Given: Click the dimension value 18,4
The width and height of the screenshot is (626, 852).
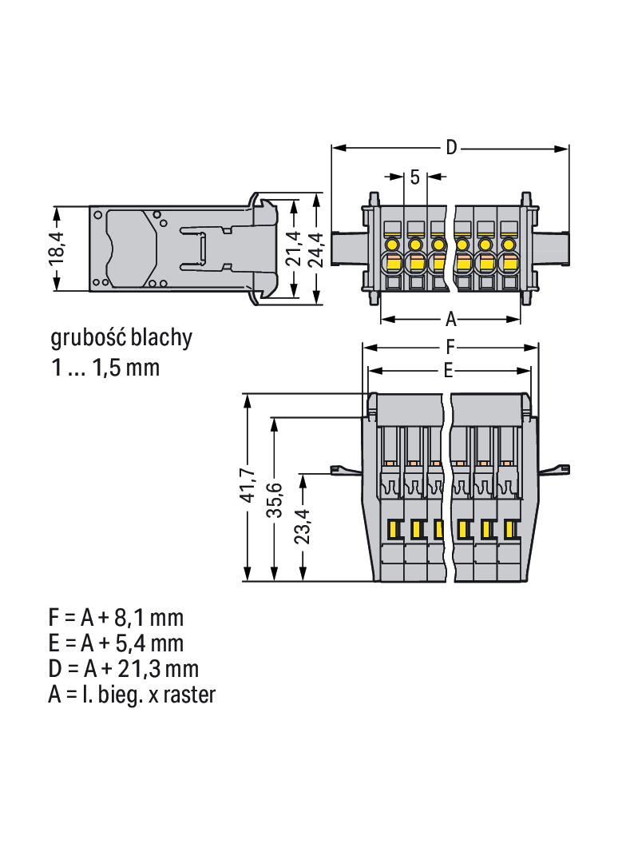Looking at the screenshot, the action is point(57,248).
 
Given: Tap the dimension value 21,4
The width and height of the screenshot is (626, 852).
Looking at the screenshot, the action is point(294,249).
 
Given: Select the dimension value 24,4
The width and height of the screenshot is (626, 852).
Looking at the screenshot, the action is point(315,250).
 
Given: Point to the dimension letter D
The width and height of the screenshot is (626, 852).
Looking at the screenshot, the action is point(451,147).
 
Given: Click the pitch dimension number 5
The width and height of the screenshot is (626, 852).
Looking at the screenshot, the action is point(415,177).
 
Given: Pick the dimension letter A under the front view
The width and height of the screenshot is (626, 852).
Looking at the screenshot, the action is point(451,320).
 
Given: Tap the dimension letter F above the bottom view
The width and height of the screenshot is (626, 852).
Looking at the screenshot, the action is point(450,347).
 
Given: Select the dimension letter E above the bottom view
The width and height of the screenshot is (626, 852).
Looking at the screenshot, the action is point(448,371).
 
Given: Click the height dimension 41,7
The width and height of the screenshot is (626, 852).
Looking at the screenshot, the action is point(248,484).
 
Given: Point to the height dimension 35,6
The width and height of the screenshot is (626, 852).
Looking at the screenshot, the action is point(276,500).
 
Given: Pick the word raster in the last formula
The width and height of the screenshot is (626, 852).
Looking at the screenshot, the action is point(189,695).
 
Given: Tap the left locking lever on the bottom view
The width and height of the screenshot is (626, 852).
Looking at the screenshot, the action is point(347,469).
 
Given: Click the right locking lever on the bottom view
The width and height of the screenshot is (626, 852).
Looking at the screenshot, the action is point(554,469).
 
